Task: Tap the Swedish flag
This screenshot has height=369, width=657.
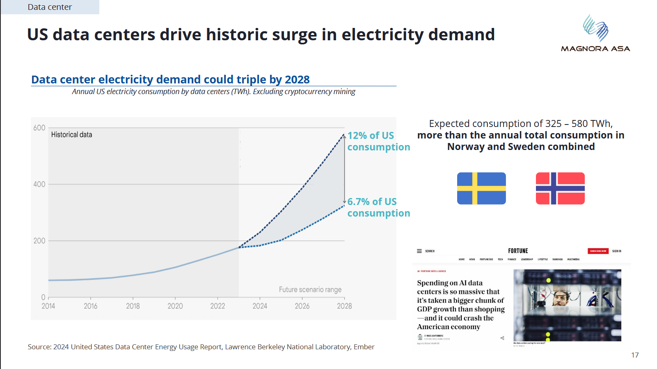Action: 481,188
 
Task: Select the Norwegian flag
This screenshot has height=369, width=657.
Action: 560,188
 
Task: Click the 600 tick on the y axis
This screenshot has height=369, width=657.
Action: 39,128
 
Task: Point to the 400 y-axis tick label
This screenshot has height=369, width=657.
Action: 39,184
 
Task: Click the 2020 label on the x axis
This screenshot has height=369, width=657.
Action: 175,306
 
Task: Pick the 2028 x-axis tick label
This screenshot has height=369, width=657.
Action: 344,306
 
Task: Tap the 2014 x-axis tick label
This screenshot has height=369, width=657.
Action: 48,306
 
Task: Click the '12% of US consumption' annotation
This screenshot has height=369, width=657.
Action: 378,141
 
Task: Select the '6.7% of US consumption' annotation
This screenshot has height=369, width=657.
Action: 378,208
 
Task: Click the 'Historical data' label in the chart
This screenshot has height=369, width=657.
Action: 71,135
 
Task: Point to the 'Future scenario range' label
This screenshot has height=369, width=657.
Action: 310,290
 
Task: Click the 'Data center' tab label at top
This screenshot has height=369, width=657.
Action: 50,7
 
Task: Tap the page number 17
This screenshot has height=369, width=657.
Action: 635,355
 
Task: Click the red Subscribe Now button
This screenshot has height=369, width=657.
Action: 598,251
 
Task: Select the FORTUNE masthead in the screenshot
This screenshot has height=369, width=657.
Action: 518,251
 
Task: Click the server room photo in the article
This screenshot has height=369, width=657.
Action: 567,305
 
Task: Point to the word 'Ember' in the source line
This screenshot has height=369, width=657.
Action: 364,347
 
